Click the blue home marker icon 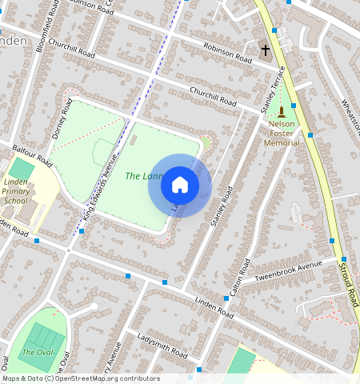click(180, 185)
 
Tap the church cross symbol click(265, 50)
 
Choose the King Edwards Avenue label click(99, 187)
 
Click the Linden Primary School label click(15, 191)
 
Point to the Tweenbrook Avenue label click(286, 270)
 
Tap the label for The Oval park click(35, 352)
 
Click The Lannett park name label click(144, 175)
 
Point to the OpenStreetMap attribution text click(80, 378)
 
